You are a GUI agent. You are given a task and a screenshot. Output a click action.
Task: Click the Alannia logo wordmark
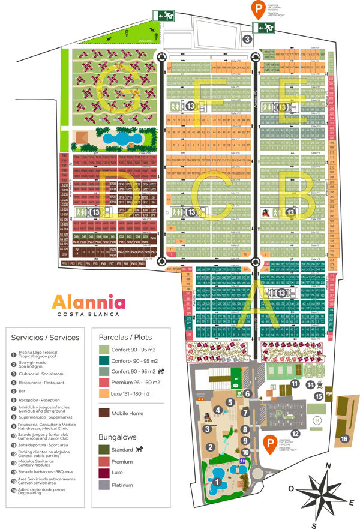pyautogui.click(x=88, y=301)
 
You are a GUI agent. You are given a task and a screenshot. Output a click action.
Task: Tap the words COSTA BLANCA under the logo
pyautogui.click(x=88, y=314)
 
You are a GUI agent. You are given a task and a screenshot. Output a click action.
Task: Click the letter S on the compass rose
pyautogui.click(x=313, y=525)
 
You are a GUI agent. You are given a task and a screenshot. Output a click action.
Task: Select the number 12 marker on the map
pyautogui.click(x=295, y=433)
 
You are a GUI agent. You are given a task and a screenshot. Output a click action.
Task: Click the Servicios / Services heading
pyautogui.click(x=45, y=338)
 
